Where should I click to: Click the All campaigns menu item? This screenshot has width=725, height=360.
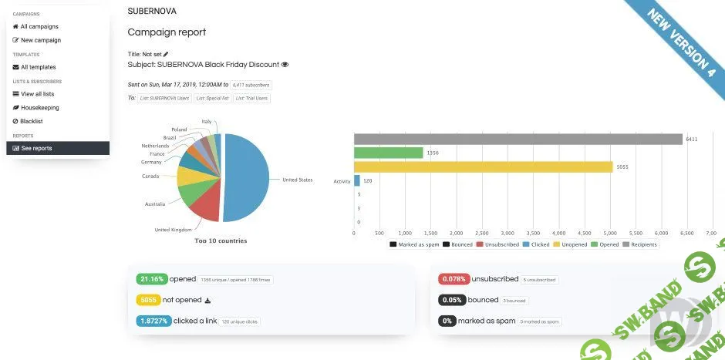tap(39, 26)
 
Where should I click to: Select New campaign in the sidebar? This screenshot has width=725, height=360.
tap(40, 40)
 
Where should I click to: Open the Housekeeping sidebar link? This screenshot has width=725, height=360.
tap(39, 108)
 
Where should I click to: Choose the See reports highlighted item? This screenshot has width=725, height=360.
tap(36, 148)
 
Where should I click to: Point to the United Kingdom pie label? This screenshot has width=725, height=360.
tap(173, 230)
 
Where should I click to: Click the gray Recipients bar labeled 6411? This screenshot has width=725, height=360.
tap(518, 139)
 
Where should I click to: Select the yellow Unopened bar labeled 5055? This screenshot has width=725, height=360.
tap(483, 167)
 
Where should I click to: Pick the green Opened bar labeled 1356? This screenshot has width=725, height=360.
tap(388, 153)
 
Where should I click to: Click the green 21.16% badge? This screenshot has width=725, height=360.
tap(150, 279)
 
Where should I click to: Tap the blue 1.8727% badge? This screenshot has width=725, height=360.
tap(153, 321)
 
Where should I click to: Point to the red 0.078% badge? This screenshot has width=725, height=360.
tap(454, 279)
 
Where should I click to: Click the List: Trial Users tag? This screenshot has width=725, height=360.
tap(252, 98)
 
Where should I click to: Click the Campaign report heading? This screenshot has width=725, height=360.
tap(167, 32)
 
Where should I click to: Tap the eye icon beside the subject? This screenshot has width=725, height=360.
tap(285, 65)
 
